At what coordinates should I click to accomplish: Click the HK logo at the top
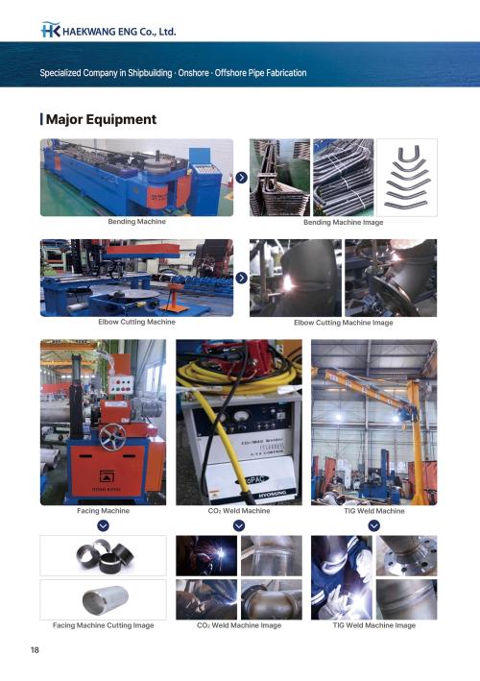click(50, 30)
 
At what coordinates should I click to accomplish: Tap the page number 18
click(35, 649)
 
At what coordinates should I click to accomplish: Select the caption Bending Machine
click(136, 222)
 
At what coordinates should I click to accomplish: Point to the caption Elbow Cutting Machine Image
click(344, 323)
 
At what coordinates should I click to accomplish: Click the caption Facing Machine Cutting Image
click(104, 625)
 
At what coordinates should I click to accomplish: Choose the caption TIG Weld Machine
click(374, 511)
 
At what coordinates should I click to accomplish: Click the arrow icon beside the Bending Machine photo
click(241, 177)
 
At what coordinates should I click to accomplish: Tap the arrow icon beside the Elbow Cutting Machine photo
click(241, 278)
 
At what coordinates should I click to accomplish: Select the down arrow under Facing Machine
click(104, 526)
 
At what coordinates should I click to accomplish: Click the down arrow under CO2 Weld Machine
click(239, 526)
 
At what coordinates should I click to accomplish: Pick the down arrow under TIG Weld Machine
click(374, 526)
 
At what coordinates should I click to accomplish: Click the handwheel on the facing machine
click(112, 437)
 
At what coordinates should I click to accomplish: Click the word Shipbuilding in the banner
click(150, 73)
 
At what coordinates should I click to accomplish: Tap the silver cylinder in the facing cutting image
click(105, 599)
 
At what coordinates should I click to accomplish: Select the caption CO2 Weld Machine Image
click(239, 625)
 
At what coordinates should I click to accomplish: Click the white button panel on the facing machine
click(121, 384)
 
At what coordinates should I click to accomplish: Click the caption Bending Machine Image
click(344, 223)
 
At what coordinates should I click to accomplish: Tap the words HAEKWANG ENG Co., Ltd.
click(119, 32)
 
